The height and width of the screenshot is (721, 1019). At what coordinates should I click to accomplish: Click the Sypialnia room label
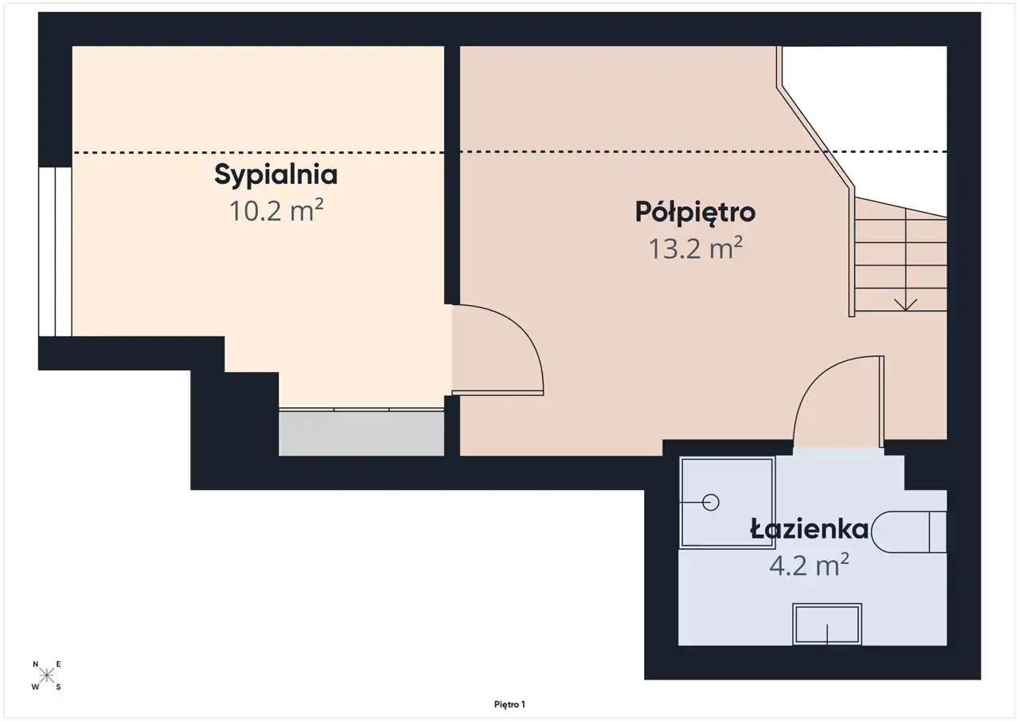coord(275,175)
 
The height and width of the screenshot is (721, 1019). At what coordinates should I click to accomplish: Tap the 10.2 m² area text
coord(276,210)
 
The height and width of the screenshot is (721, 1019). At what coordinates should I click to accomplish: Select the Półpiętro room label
coord(695,213)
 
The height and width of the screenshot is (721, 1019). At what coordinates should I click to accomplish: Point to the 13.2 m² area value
coord(696,248)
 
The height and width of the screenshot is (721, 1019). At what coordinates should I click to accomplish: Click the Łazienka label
coord(810,529)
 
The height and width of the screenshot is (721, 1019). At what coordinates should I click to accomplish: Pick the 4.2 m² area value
coord(809,565)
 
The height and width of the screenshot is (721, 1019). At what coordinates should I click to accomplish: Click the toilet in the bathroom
coord(909,532)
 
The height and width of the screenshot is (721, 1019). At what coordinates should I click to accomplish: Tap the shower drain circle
coord(711,503)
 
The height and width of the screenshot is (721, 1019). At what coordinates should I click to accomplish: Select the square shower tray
coord(727,503)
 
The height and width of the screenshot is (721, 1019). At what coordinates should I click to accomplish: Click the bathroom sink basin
coord(827,624)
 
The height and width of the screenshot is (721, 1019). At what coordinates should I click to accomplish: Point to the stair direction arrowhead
coord(905,304)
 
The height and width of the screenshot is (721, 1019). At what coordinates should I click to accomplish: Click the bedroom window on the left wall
coord(55,252)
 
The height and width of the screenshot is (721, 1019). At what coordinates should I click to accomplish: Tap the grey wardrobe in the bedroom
coord(361,433)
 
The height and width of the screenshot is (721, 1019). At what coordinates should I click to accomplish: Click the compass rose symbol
coord(46,675)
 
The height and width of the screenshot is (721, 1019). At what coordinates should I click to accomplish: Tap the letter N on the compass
coord(36,664)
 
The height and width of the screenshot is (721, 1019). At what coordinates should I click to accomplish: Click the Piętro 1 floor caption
coord(509,704)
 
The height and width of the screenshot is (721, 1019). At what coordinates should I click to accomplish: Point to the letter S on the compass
coord(58,687)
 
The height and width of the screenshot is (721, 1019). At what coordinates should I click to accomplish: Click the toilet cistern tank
coord(938,532)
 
